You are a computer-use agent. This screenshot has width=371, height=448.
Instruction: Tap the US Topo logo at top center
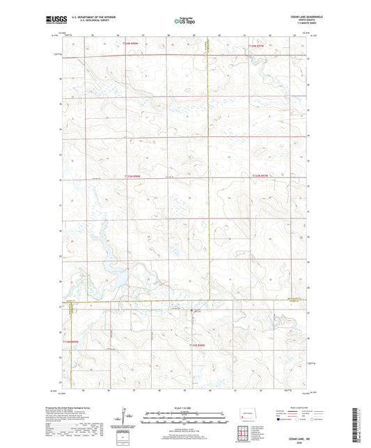pyautogui.click(x=179, y=21)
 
